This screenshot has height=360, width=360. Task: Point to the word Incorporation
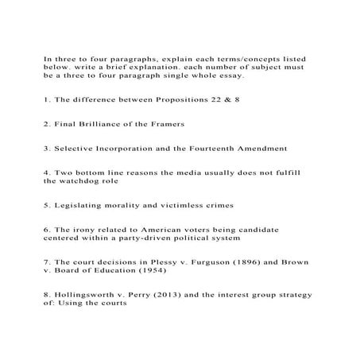pos(128,148)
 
